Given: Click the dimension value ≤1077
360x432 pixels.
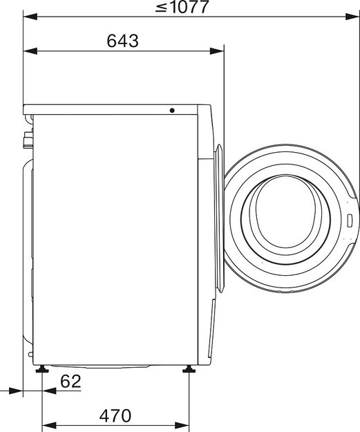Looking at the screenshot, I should point(182,8).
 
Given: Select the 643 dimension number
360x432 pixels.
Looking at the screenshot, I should point(122,41).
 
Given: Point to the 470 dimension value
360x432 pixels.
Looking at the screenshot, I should point(115,415).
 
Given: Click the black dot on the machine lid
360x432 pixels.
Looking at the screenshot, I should point(172,110).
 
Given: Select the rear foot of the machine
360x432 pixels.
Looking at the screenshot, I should point(44,372).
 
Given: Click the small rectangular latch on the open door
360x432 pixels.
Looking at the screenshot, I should point(350,221).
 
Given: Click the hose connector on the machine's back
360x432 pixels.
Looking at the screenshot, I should point(28,141).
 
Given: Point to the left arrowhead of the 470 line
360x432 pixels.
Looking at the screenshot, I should point(48,425).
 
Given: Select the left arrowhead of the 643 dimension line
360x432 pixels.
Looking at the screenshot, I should point(28,50).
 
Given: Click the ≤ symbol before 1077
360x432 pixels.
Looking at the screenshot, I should point(160,8).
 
